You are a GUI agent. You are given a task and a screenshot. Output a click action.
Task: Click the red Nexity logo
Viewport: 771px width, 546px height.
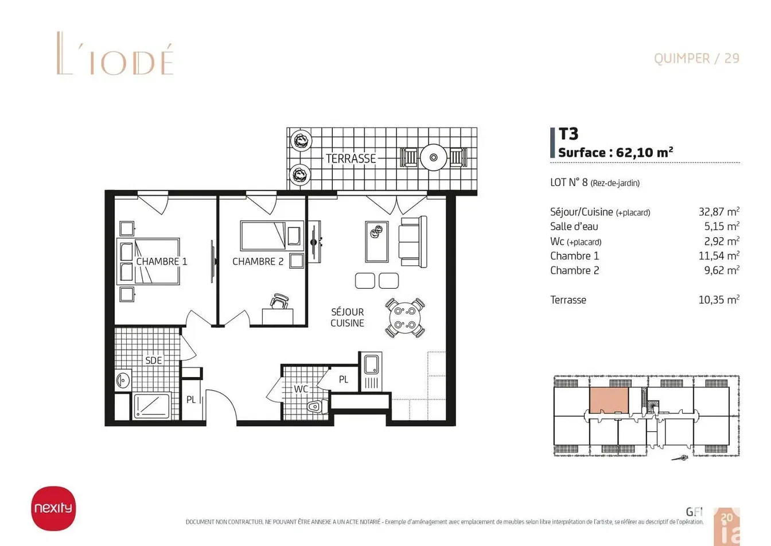pos(53,508)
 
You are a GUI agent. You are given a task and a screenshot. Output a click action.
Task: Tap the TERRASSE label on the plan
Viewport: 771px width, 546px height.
pos(351,158)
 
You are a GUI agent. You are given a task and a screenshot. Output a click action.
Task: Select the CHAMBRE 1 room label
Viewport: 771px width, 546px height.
pos(162,261)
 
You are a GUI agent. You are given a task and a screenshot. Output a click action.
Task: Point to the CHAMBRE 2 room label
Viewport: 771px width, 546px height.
pos(258,261)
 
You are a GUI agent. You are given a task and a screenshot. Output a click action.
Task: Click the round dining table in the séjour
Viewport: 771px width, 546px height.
pos(405,318)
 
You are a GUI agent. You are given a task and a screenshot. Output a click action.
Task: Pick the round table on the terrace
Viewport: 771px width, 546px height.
pos(434,157)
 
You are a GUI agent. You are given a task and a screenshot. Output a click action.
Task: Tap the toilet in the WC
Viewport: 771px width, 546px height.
pos(317,407)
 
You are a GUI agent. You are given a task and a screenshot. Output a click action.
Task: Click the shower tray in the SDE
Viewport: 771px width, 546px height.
pos(152,406)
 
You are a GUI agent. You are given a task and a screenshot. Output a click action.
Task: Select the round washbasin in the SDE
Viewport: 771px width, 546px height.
pos(123,381)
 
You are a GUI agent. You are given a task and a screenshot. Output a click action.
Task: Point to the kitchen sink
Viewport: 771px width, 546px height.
pos(371,365)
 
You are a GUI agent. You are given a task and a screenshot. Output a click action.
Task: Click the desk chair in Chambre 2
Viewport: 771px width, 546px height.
pos(279,301)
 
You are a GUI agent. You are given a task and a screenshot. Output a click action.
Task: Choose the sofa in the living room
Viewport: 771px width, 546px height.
pos(413,242)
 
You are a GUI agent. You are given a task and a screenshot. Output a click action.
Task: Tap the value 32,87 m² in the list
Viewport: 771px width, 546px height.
pos(719,211)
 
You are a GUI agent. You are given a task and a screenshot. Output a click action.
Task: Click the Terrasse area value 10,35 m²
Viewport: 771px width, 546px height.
pos(719,300)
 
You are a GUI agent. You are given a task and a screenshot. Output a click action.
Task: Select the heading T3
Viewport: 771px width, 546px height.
pos(568,134)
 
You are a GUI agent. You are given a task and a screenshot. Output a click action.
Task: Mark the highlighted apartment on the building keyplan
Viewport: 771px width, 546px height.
pos(609,400)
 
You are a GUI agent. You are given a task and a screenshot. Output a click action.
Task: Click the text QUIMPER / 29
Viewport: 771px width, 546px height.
pos(696,59)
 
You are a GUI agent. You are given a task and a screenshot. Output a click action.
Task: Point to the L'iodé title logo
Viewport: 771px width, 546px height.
pos(115,53)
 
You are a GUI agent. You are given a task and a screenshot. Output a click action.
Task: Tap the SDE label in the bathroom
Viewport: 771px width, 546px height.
pos(154,361)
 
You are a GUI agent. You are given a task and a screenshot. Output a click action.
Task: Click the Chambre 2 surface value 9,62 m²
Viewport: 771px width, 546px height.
pos(722,270)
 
